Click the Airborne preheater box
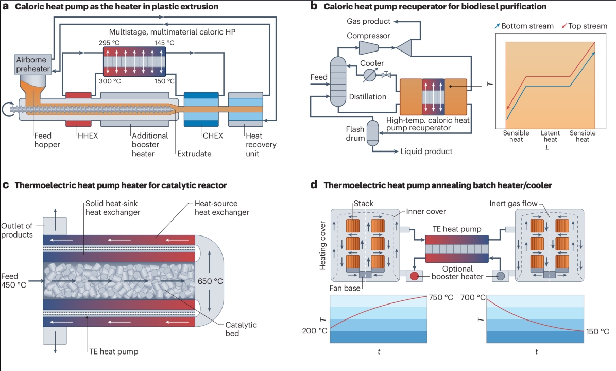[x=33, y=64]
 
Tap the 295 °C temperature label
[x=108, y=42]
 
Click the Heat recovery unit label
[x=261, y=140]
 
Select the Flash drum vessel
[x=372, y=136]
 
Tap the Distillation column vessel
[x=338, y=81]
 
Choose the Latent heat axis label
[x=550, y=136]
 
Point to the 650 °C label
[x=210, y=281]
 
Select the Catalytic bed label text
[x=241, y=329]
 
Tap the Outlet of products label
[x=18, y=231]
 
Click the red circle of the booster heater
[x=414, y=276]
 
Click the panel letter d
[x=314, y=184]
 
